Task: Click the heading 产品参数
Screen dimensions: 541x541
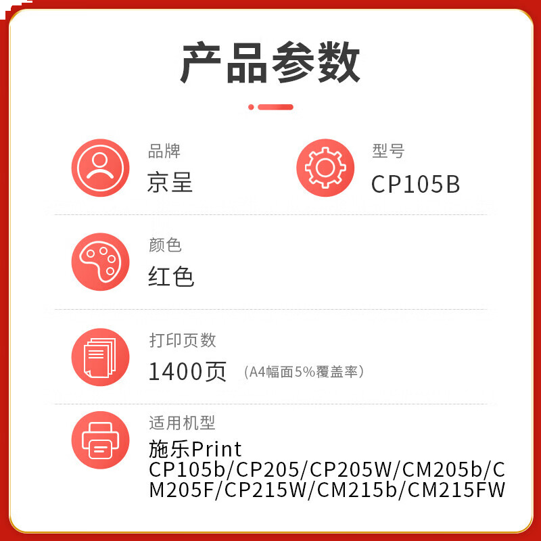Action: pos(270,62)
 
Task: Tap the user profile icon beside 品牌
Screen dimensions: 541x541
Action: pos(100,168)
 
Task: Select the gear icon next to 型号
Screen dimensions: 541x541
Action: pos(325,168)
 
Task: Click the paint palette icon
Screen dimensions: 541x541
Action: pos(100,262)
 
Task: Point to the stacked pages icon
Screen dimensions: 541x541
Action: pos(100,357)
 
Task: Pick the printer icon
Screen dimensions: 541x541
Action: pos(100,440)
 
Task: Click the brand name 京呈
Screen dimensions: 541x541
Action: pos(170,182)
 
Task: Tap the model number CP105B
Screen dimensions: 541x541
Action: pos(415,184)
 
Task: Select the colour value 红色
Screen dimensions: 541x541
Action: pos(171,277)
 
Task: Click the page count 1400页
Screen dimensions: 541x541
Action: pos(187,371)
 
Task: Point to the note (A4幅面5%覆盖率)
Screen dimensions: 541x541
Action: pos(304,372)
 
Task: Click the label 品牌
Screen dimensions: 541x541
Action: pos(164,151)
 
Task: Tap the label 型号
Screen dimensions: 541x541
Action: pos(388,151)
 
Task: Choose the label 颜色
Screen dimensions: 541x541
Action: pos(165,245)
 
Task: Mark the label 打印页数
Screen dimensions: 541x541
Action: pos(183,340)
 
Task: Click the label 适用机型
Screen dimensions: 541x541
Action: pos(182,423)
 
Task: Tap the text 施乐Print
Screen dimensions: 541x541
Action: pos(195,449)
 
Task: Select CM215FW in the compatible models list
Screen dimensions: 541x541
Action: pos(456,490)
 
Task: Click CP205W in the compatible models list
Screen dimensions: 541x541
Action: pos(350,469)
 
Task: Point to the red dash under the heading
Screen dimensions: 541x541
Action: pos(276,107)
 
